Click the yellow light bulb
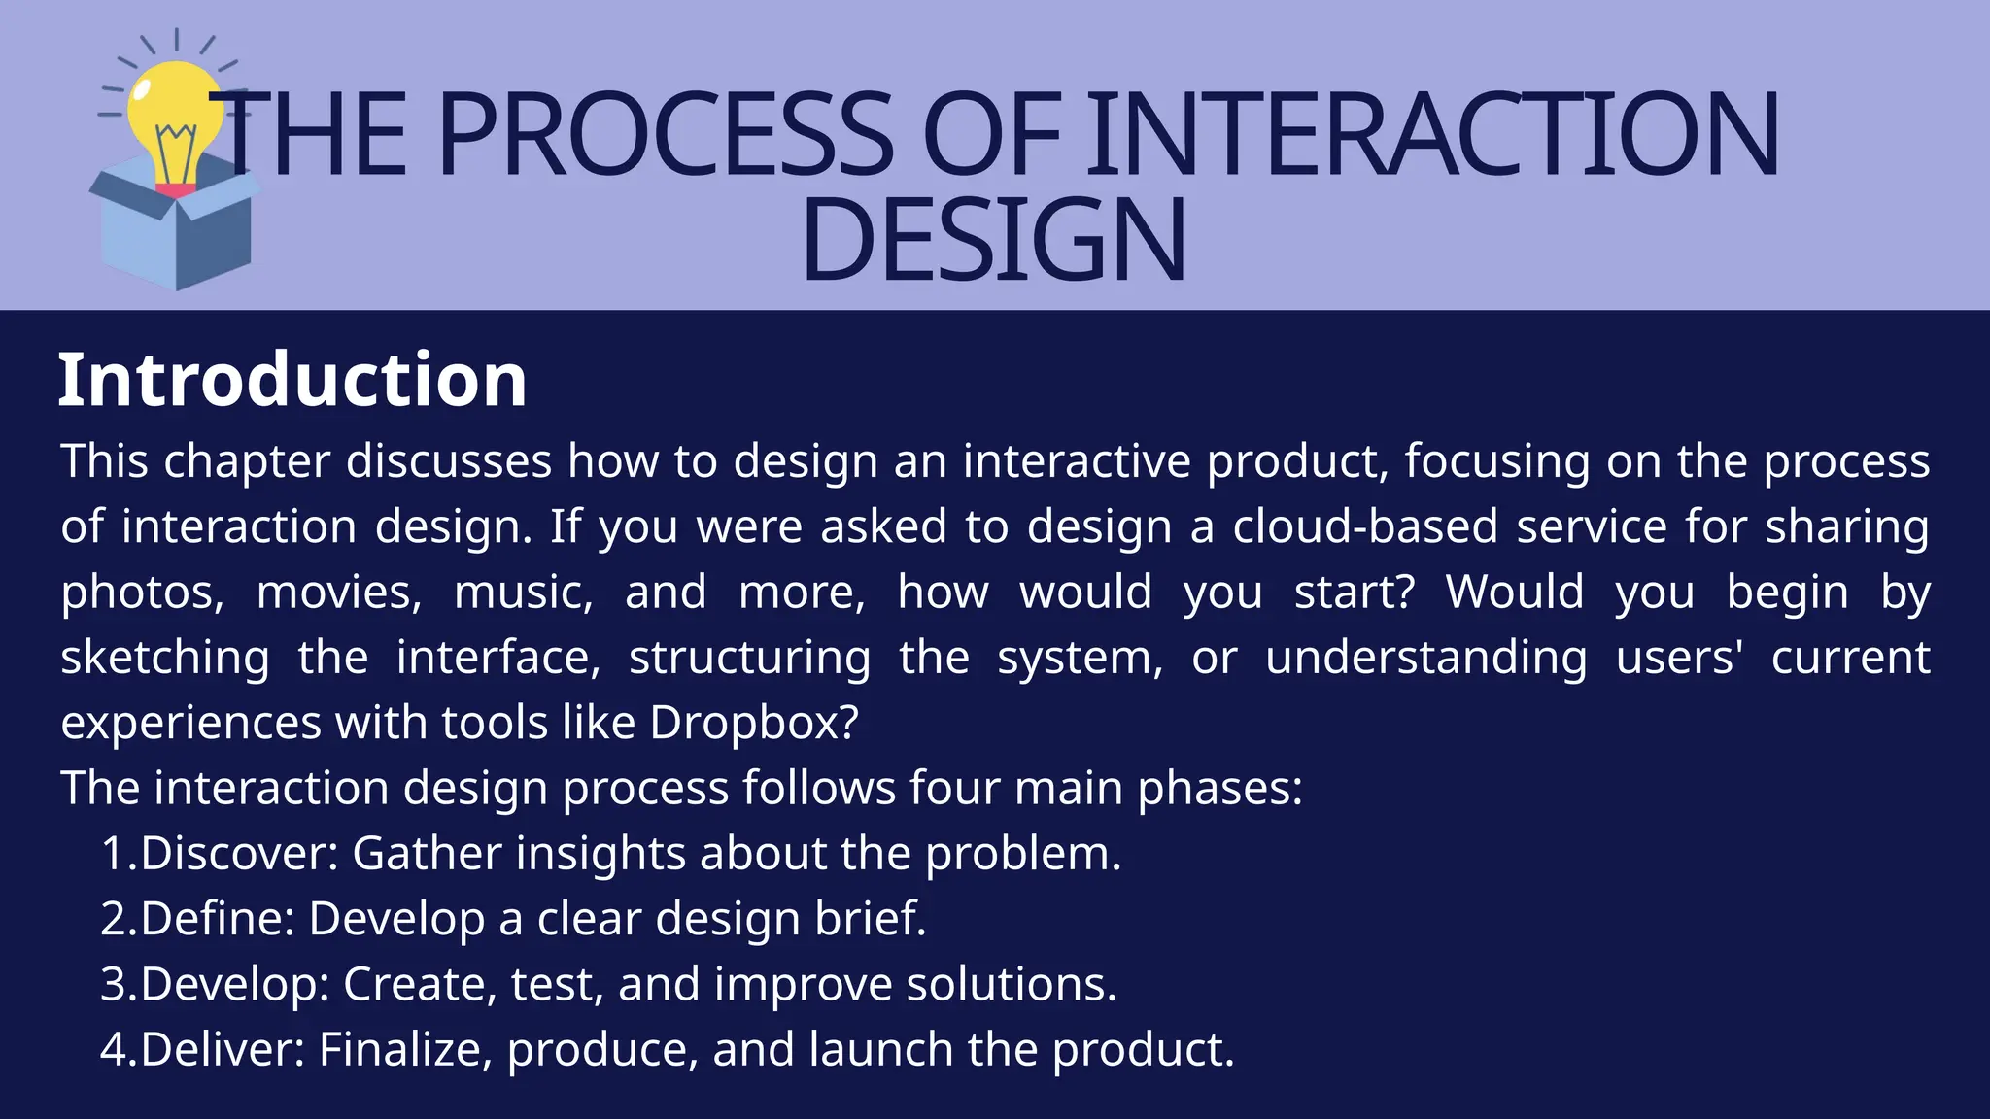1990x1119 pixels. coord(175,107)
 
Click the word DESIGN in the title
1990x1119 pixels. coord(993,239)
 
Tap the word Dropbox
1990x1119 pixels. coord(754,723)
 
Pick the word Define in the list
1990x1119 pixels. coord(218,919)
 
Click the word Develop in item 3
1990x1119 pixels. coord(235,985)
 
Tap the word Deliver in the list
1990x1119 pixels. coord(223,1050)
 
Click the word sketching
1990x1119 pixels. coord(165,659)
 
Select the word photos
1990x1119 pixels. coord(142,593)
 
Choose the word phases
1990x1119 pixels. coord(1219,789)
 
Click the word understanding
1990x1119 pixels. coord(1425,659)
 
